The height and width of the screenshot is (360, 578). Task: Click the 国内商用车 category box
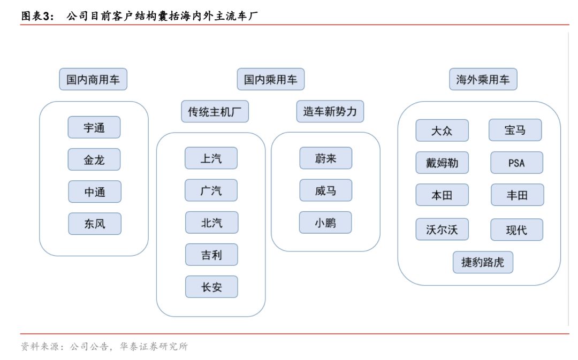click(x=93, y=79)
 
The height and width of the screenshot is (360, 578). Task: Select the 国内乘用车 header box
click(x=271, y=79)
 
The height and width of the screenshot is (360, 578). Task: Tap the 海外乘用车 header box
click(x=483, y=79)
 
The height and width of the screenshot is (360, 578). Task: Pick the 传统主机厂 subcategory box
click(x=215, y=111)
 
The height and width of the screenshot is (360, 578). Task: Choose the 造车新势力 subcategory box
click(x=330, y=111)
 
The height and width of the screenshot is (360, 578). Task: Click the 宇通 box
click(x=94, y=127)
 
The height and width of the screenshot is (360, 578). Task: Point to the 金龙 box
click(x=94, y=159)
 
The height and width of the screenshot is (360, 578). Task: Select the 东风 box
click(x=95, y=224)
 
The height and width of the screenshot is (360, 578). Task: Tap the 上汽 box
click(x=211, y=158)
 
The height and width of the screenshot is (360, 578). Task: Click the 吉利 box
click(x=211, y=255)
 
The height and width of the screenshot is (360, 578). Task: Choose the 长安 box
click(x=211, y=287)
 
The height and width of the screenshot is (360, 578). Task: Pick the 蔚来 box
click(x=326, y=158)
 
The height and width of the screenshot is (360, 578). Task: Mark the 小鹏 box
click(x=325, y=223)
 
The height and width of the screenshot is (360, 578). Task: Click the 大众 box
click(x=442, y=131)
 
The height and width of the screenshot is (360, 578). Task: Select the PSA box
click(x=517, y=163)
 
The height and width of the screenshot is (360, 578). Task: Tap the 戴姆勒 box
click(x=442, y=163)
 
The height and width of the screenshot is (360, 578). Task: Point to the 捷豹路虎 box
click(x=483, y=262)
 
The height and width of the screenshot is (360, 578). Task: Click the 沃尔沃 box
click(x=442, y=229)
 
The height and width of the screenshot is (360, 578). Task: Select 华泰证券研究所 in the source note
click(x=154, y=347)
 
